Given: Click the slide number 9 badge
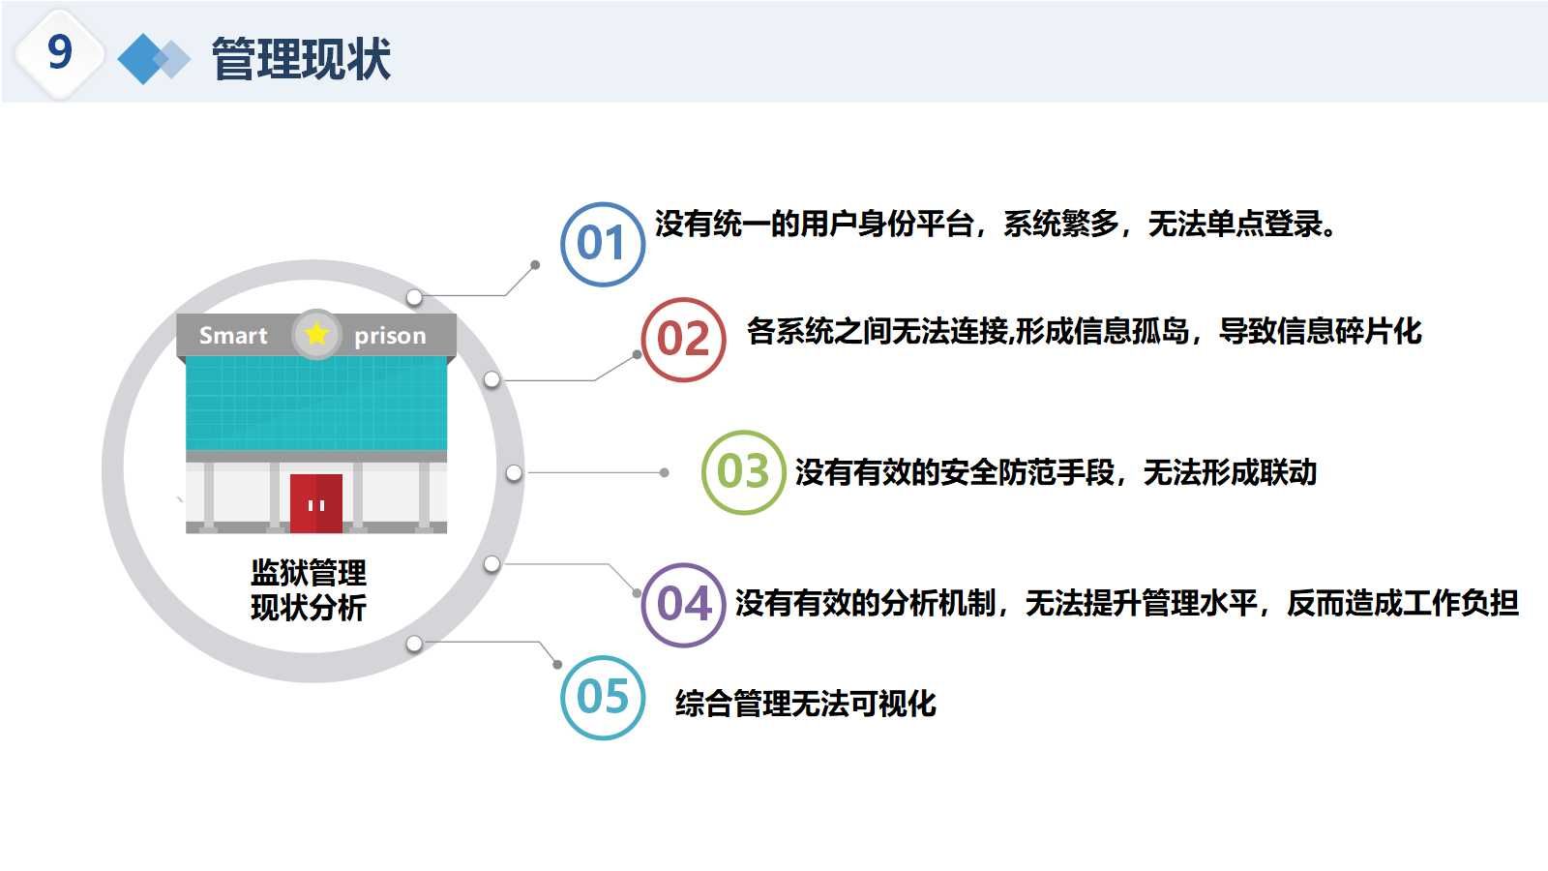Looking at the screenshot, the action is point(59,52).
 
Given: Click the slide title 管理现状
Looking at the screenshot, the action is point(301,58).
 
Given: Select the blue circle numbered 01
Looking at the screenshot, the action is point(602,244).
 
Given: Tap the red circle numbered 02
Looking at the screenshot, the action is point(683,340).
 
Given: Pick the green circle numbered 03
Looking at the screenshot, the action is point(742,472).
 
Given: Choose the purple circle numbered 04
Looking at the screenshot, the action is point(683,605).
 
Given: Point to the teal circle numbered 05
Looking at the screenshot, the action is point(602,697).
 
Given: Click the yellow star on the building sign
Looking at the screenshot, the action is point(316,334).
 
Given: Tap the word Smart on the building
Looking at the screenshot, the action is point(233,336).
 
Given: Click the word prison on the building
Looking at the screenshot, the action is point(390,336).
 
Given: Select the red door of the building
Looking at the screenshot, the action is point(316,503).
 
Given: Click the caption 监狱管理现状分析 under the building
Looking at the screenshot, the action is point(309,590).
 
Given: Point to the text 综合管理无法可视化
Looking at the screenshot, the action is point(805,704).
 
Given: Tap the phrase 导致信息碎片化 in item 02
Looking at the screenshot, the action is point(1320,332).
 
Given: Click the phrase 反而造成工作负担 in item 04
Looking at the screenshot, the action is point(1402,604).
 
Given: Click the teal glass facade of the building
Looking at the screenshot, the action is point(316,402).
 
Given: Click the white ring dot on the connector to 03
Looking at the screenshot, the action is point(514,473).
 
